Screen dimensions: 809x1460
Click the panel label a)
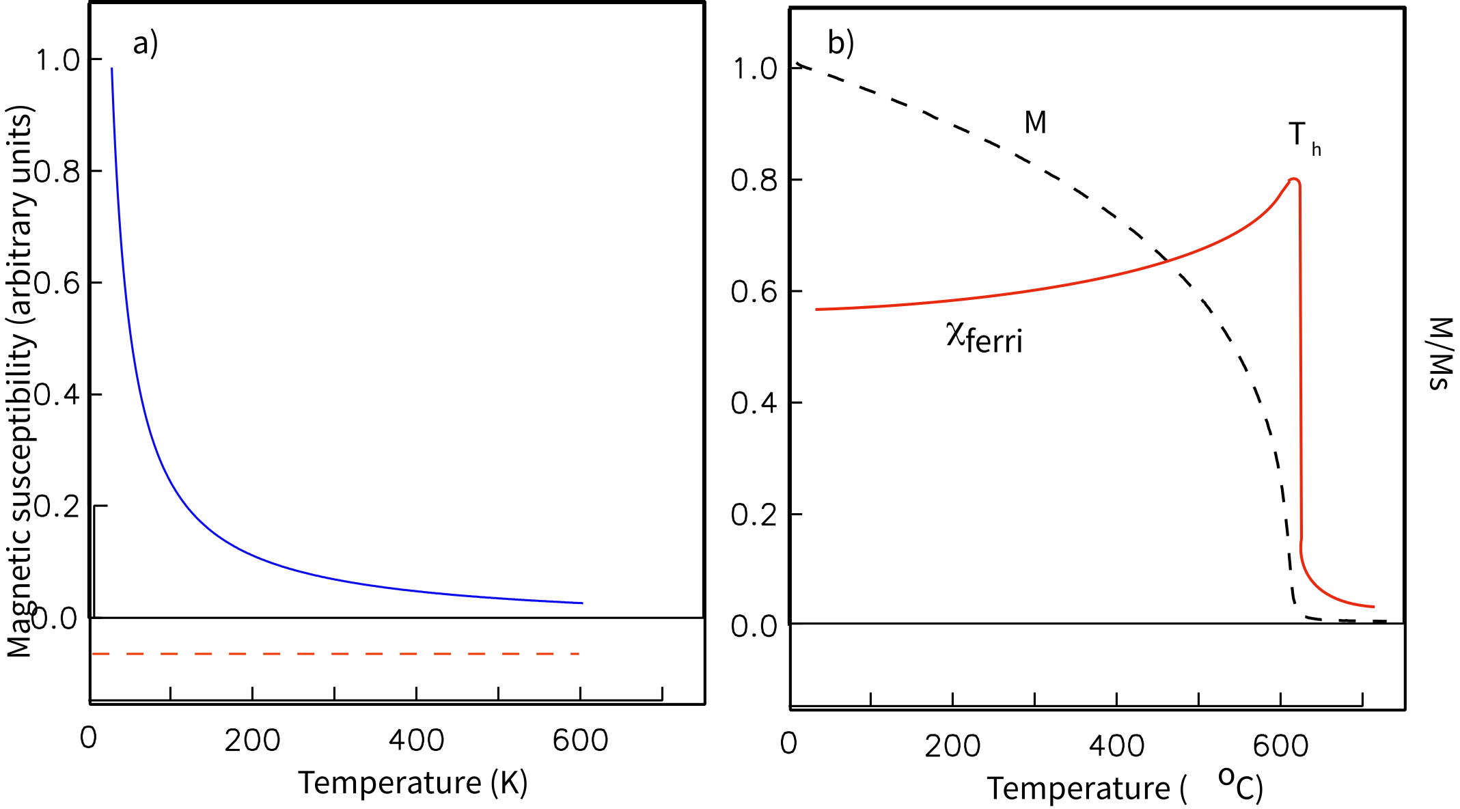tap(145, 44)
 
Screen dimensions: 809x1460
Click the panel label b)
tap(840, 44)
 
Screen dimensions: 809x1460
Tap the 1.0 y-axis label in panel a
tap(58, 60)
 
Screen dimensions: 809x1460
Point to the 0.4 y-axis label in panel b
tap(754, 403)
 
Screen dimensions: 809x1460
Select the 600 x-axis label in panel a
tap(580, 741)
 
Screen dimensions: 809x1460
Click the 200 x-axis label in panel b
tap(952, 746)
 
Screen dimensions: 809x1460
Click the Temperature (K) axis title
tap(413, 783)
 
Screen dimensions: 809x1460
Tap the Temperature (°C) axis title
tap(1125, 788)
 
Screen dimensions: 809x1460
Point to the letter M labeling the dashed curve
tap(1035, 123)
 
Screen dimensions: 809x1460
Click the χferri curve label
tap(984, 338)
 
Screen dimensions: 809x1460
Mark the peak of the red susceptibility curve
tap(1293, 180)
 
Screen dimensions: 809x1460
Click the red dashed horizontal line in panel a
tap(335, 654)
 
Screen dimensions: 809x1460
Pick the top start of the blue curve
tap(112, 69)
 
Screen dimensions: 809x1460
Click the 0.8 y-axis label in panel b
tap(754, 180)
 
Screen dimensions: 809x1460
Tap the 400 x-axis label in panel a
tap(416, 741)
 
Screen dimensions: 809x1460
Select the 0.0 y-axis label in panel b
tap(754, 626)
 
